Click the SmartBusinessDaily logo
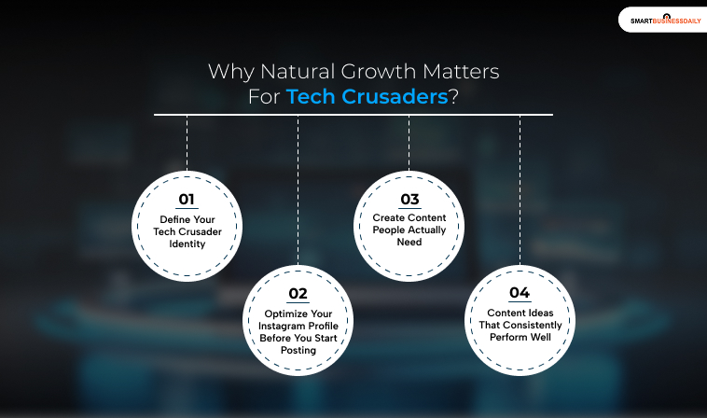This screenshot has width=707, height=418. pyautogui.click(x=666, y=20)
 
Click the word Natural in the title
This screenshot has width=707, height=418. pyautogui.click(x=298, y=71)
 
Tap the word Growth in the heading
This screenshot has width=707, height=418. pyautogui.click(x=379, y=71)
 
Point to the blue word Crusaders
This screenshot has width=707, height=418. pyautogui.click(x=395, y=96)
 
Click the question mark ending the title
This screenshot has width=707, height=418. pyautogui.click(x=453, y=96)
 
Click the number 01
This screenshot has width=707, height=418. pyautogui.click(x=187, y=200)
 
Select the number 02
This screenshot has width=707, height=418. pyautogui.click(x=298, y=294)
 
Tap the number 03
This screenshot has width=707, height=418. pyautogui.click(x=409, y=200)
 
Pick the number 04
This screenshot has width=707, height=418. pyautogui.click(x=520, y=293)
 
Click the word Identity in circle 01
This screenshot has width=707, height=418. pyautogui.click(x=187, y=244)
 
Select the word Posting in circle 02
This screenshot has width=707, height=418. pyautogui.click(x=298, y=351)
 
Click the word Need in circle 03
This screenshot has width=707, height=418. pyautogui.click(x=409, y=243)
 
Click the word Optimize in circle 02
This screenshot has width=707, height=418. pyautogui.click(x=285, y=313)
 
